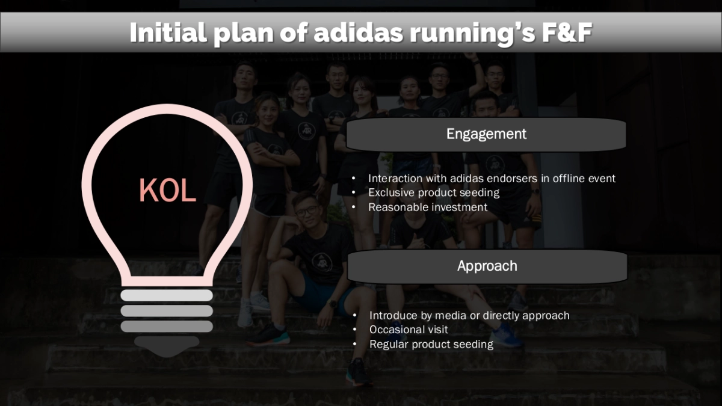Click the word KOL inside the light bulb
pos(167,190)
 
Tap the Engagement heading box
pos(486,134)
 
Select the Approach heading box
pos(487,266)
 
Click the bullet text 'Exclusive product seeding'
pos(433,192)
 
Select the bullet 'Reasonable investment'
pos(427,207)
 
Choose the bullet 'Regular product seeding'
pos(431,344)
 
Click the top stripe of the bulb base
pos(167,295)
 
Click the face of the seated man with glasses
pos(306,211)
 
